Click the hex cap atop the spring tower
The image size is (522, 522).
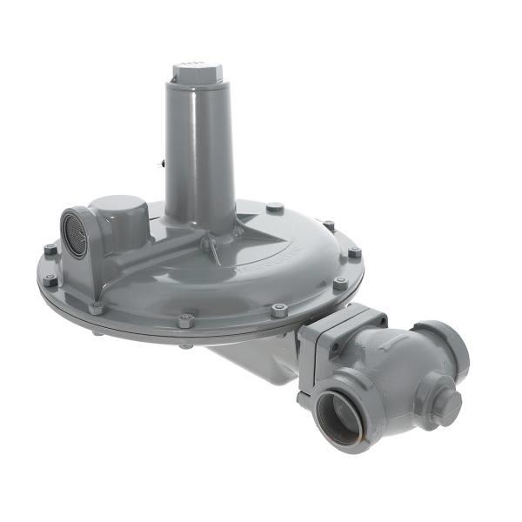[x=197, y=71]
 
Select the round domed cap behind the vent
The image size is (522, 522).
[x=117, y=213]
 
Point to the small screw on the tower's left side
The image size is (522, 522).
[x=163, y=161]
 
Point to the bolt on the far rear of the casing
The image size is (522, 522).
[x=275, y=208]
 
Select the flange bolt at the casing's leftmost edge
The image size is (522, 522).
[x=50, y=281]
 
